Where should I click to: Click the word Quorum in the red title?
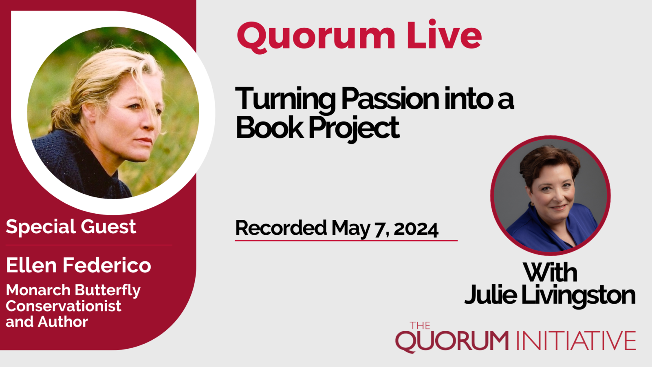pyautogui.click(x=316, y=36)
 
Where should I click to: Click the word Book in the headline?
pyautogui.click(x=269, y=127)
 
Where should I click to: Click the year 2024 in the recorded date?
pyautogui.click(x=416, y=229)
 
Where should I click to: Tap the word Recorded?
pyautogui.click(x=281, y=228)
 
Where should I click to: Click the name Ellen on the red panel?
pyautogui.click(x=31, y=265)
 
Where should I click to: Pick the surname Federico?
pyautogui.click(x=107, y=265)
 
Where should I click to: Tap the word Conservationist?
pyautogui.click(x=64, y=306)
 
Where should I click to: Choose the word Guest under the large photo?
pyautogui.click(x=108, y=227)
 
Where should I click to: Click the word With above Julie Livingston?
pyautogui.click(x=550, y=272)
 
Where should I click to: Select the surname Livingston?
pyautogui.click(x=578, y=296)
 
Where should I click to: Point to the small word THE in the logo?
pyautogui.click(x=420, y=326)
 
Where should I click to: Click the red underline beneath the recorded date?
pyautogui.click(x=346, y=241)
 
